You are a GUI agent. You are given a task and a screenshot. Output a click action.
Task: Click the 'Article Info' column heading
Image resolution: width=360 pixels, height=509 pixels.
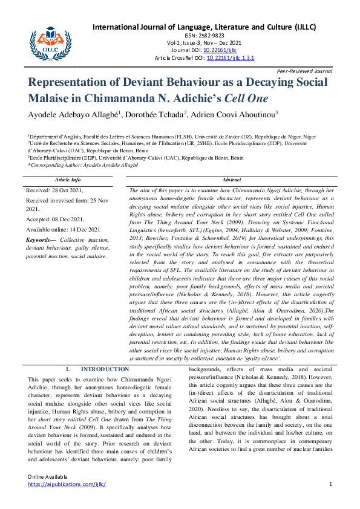(68, 180)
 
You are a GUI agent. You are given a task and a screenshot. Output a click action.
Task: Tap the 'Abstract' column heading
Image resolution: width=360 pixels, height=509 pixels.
(232, 180)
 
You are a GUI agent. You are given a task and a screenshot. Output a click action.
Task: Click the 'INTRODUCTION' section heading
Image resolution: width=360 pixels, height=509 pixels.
(105, 369)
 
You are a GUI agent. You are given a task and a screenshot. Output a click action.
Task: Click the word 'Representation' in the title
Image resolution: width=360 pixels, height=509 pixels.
(80, 82)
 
